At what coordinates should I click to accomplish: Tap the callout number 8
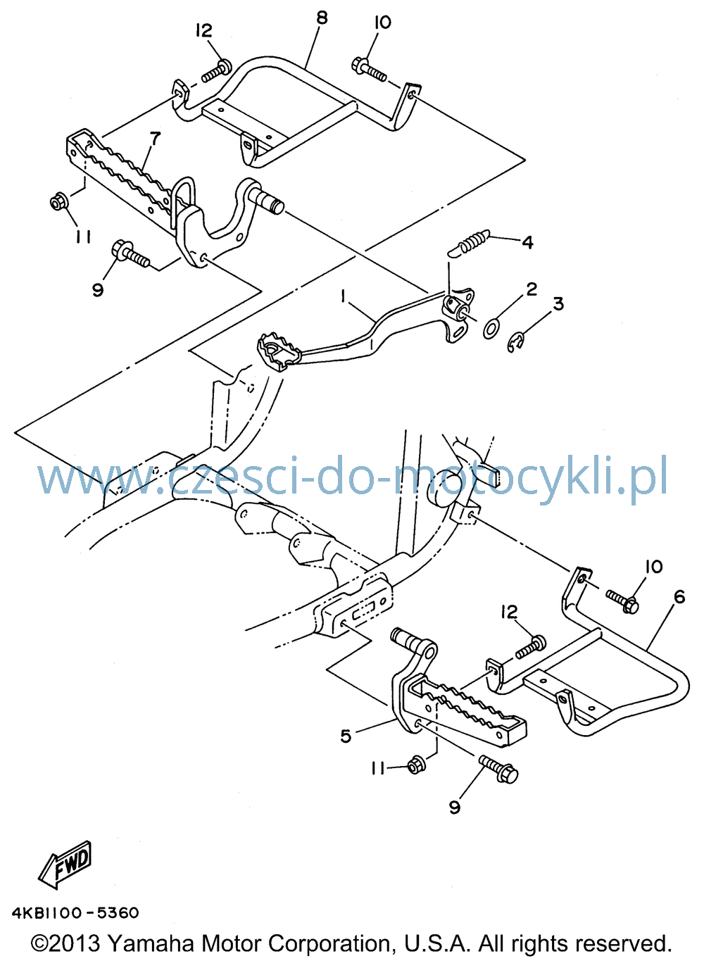point(321,18)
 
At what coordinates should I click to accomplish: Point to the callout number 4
point(527,242)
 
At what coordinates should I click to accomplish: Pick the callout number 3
point(558,303)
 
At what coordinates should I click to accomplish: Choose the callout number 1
point(344,296)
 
